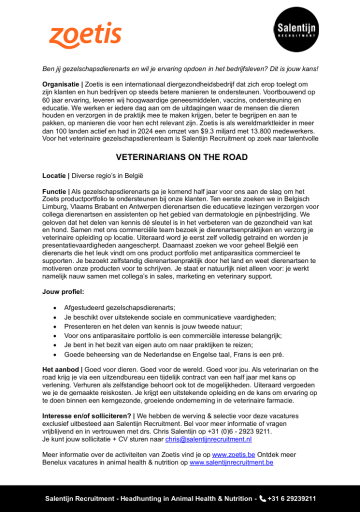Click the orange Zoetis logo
pos(85,35)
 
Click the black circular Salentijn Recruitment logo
pos(296,29)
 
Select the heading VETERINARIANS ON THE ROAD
pos(181,157)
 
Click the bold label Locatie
pos(54,176)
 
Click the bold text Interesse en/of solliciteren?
pos(87,416)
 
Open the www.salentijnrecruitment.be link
pos(231,462)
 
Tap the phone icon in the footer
pos(262,498)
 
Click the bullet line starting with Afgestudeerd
pos(119,307)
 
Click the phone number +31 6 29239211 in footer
pos(292,498)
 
